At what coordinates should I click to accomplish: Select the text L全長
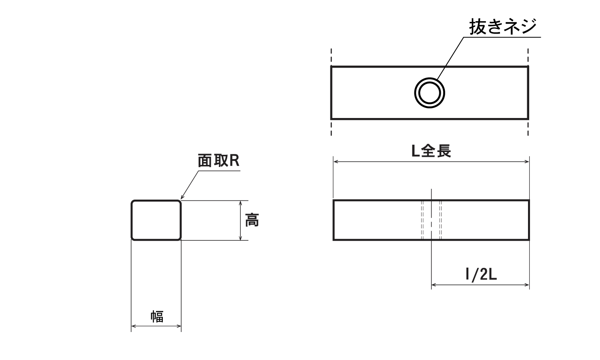point(432,151)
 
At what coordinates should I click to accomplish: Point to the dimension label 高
point(252,220)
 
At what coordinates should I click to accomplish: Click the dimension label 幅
point(157,316)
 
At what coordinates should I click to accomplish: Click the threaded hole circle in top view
point(429,93)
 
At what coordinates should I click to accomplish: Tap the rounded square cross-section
point(156,220)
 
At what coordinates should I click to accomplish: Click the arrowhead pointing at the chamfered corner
point(182,198)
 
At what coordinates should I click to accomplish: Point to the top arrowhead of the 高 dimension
point(240,203)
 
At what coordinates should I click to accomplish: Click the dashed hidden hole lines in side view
point(422,220)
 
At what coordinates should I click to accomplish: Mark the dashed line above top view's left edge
point(331,56)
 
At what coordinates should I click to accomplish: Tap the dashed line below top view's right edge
point(528,128)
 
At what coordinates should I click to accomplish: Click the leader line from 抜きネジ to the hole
point(450,58)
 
